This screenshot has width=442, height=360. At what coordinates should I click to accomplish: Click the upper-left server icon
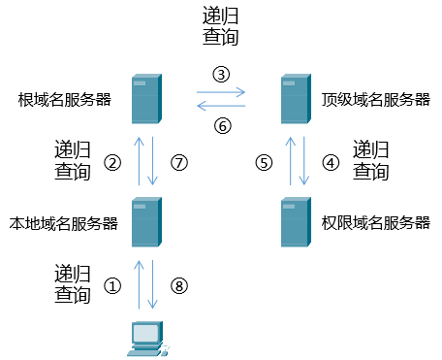point(146,99)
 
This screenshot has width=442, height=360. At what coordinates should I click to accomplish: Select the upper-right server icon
point(296,99)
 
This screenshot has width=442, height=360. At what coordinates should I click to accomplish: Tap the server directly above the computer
point(146,222)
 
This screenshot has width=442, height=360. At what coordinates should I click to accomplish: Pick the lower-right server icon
point(296,222)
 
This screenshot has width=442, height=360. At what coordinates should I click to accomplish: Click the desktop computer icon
point(146,339)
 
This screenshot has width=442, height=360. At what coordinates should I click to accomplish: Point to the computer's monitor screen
point(145,334)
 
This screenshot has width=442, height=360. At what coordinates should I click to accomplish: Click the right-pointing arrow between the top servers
point(221,93)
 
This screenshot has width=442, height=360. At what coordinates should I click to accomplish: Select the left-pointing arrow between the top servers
point(221,105)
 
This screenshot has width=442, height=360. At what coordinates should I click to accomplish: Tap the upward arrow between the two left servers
point(139,160)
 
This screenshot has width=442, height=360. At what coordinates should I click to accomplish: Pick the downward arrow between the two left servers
point(152,160)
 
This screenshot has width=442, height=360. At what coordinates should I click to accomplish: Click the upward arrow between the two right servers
point(290,160)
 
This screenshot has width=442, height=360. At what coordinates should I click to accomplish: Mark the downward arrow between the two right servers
point(303,160)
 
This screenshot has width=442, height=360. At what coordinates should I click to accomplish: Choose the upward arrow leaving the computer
point(139,283)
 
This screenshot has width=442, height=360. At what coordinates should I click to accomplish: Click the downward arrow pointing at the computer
point(152,283)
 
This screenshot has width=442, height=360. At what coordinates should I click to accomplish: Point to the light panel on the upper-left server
point(140,83)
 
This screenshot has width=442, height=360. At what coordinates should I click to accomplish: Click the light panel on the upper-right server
point(289,83)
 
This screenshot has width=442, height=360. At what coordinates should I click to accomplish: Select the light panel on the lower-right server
point(289,207)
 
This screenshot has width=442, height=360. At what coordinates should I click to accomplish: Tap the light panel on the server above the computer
point(140,207)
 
